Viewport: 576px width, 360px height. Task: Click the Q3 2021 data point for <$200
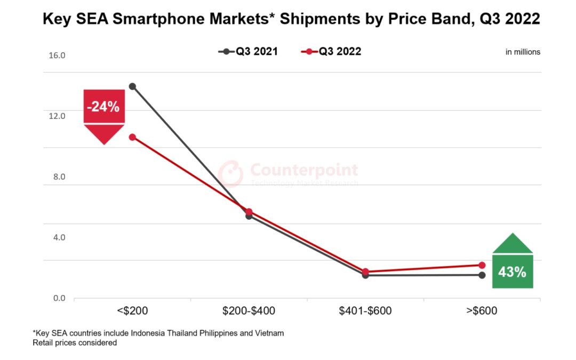pyautogui.click(x=132, y=86)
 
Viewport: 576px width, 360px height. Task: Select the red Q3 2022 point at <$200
pyautogui.click(x=132, y=137)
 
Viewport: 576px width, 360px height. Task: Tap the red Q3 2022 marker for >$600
pyautogui.click(x=482, y=265)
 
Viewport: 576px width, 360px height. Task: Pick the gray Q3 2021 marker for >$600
pyautogui.click(x=482, y=275)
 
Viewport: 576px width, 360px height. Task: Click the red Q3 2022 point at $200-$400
pyautogui.click(x=249, y=212)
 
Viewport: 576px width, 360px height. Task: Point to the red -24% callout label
pyautogui.click(x=104, y=107)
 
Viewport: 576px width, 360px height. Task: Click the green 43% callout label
pyautogui.click(x=512, y=271)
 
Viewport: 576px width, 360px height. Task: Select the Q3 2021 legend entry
pyautogui.click(x=249, y=52)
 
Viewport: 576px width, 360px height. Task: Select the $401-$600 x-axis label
pyautogui.click(x=365, y=311)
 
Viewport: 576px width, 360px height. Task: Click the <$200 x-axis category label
pyautogui.click(x=132, y=311)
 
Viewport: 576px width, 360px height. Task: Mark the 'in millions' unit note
pyautogui.click(x=523, y=52)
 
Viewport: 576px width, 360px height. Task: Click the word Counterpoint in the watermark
pyautogui.click(x=304, y=170)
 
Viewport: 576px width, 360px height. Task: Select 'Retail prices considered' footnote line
pyautogui.click(x=75, y=343)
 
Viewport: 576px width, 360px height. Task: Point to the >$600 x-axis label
pyautogui.click(x=482, y=311)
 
